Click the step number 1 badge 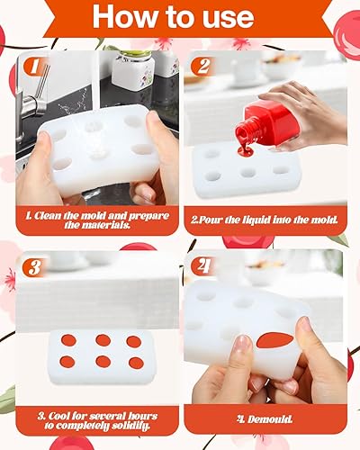click(x=33, y=67)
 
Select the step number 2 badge click(x=202, y=66)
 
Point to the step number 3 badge click(x=33, y=267)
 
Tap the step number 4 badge click(x=202, y=266)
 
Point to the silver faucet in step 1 click(x=30, y=99)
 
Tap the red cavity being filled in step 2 click(x=245, y=151)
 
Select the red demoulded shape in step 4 click(x=274, y=341)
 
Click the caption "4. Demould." click(x=265, y=418)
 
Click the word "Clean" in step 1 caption click(x=47, y=216)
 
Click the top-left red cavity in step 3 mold click(x=68, y=340)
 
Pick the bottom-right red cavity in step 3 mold click(x=136, y=363)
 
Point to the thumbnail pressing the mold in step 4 click(x=243, y=343)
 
